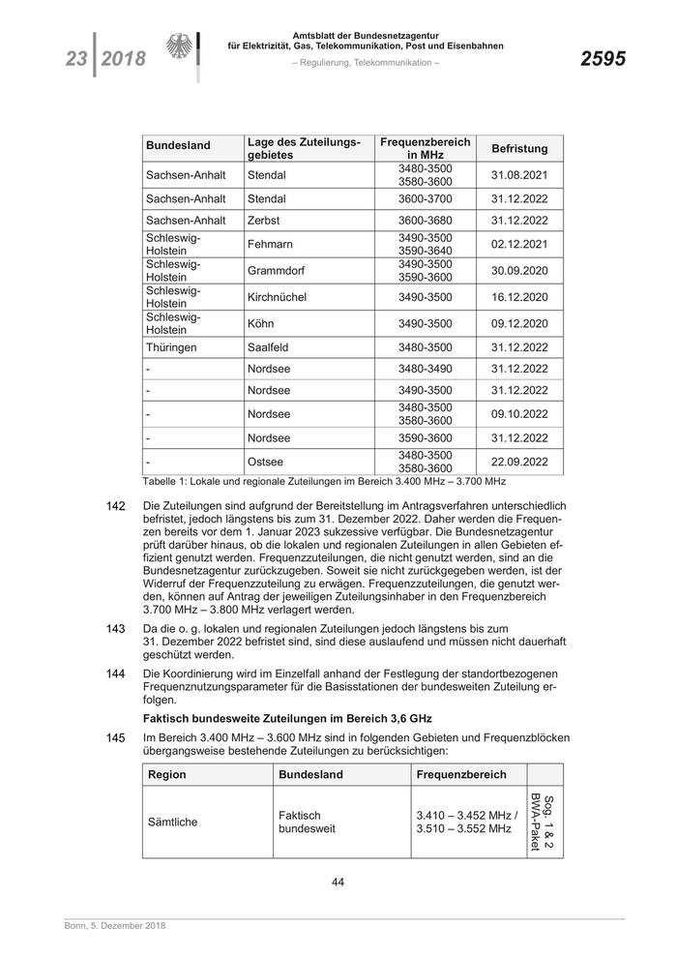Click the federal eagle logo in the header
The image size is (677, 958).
[x=180, y=49]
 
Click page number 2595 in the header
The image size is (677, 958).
[x=603, y=59]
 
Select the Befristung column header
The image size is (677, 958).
[x=519, y=149]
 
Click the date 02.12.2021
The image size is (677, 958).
[x=519, y=245]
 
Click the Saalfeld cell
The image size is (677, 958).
[x=270, y=346]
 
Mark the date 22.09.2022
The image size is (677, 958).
[x=519, y=463]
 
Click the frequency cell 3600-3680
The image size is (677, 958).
[x=425, y=222]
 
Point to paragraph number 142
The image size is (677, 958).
[x=115, y=506]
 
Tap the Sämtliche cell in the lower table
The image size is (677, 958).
[x=172, y=822]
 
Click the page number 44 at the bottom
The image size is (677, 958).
[x=338, y=882]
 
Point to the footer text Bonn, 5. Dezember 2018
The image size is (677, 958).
[x=109, y=927]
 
